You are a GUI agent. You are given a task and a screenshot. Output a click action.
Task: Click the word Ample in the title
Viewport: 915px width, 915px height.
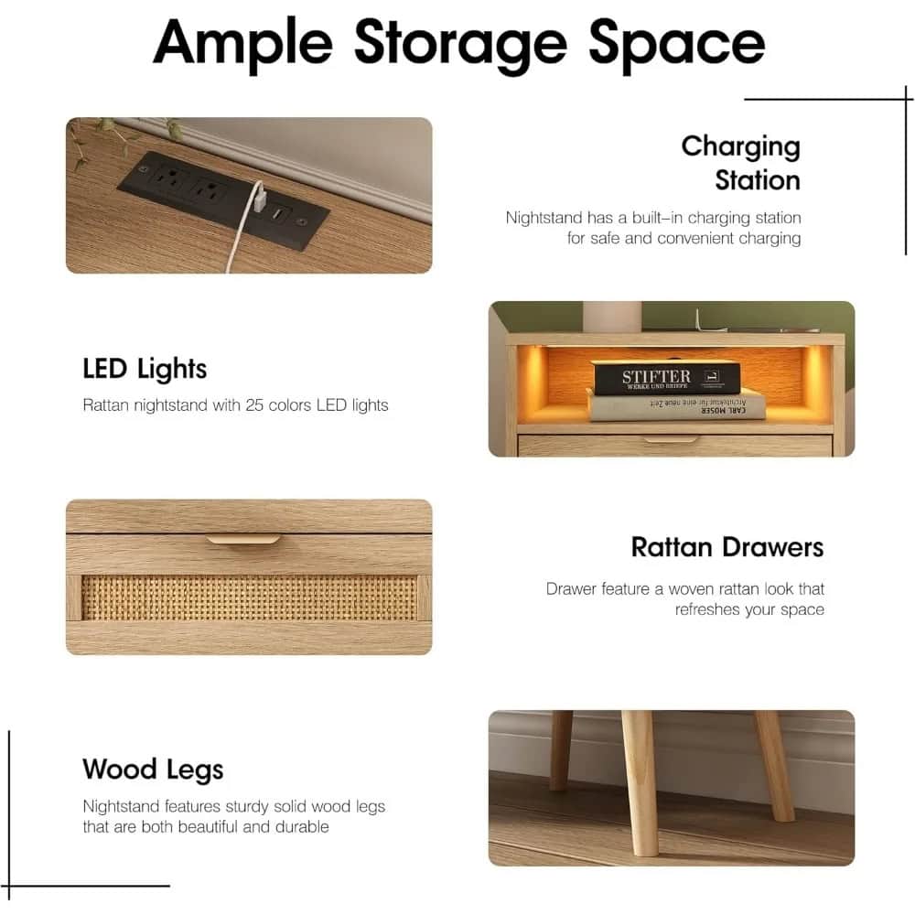click(x=242, y=43)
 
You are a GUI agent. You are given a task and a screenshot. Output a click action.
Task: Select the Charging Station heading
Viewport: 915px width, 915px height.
click(x=741, y=163)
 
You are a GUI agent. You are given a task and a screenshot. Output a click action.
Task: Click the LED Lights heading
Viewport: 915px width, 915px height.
click(x=145, y=369)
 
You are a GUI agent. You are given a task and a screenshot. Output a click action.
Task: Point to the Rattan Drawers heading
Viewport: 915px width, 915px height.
click(x=727, y=547)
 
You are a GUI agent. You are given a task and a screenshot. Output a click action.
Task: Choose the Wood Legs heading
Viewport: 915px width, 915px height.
click(x=153, y=769)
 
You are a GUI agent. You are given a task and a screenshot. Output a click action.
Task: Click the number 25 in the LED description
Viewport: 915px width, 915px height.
click(x=254, y=404)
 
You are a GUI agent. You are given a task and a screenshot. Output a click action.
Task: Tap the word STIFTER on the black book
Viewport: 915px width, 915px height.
click(x=656, y=376)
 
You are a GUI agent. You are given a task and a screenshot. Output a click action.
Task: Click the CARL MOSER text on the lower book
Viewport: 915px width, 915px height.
click(x=718, y=411)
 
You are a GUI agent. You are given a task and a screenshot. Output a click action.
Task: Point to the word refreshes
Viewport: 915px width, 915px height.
click(x=708, y=609)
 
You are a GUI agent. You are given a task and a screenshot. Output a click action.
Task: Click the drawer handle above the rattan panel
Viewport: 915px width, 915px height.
click(x=242, y=542)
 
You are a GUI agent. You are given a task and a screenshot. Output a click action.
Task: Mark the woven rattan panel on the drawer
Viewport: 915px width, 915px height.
click(x=248, y=597)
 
